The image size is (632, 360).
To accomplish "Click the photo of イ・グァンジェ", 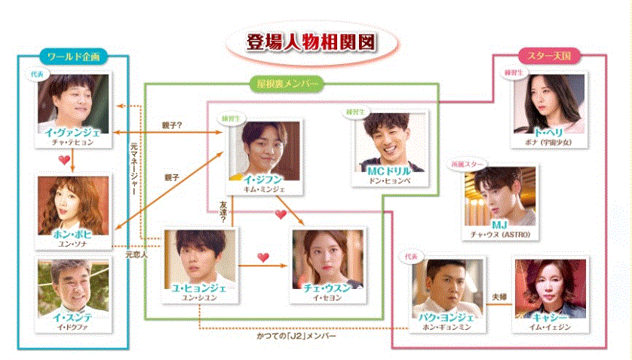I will point(74,100).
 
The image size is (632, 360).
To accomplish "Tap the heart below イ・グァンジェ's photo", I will point(65,160).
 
